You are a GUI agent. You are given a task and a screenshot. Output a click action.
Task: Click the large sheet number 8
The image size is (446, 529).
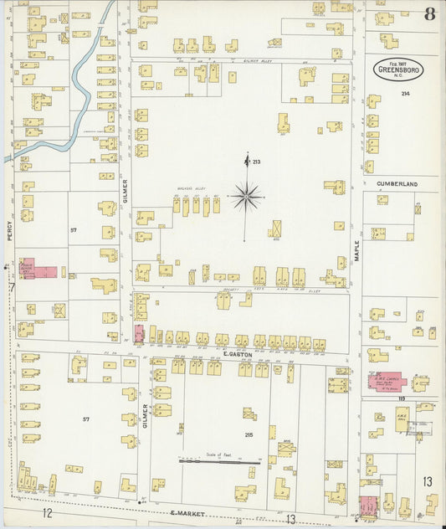point(429,13)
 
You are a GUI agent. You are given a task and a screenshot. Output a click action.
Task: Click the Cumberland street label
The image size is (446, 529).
point(397,182)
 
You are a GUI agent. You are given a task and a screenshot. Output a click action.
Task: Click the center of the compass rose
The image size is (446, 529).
point(246,197)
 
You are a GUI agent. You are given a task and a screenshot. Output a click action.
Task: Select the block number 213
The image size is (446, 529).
point(256,162)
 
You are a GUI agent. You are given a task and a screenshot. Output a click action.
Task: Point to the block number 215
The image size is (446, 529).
point(249,434)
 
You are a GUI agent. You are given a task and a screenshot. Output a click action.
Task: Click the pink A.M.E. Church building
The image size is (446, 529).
point(387,383)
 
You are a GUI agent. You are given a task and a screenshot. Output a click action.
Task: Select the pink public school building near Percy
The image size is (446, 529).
point(38,271)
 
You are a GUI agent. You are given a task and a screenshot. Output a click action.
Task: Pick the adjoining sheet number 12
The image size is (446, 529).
point(48,512)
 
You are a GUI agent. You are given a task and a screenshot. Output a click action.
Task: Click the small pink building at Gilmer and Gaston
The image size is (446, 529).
point(139,334)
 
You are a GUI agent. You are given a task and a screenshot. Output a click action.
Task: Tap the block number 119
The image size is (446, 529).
point(402,408)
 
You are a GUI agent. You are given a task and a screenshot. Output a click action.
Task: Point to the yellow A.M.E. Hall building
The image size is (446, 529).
point(402,424)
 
